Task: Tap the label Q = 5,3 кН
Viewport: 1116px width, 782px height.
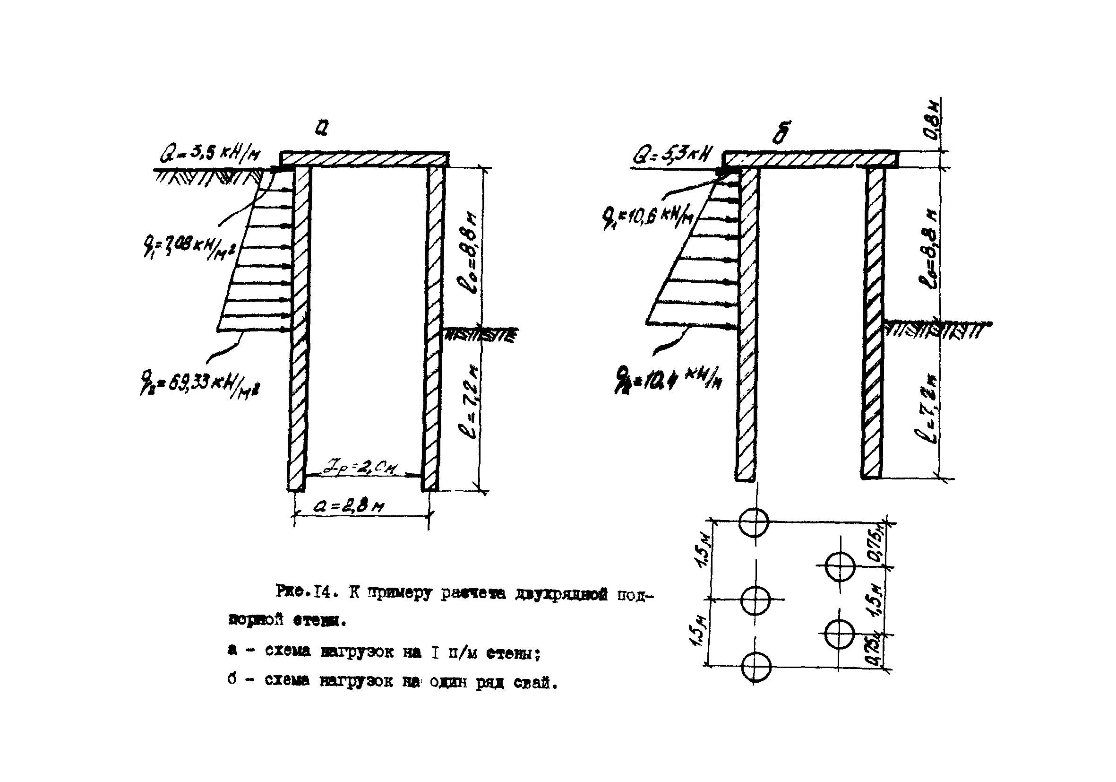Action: click(x=672, y=156)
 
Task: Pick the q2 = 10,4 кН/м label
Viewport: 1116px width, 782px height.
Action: click(x=669, y=377)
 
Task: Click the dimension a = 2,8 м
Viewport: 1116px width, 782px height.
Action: click(x=349, y=507)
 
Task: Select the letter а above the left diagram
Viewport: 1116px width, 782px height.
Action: click(x=321, y=127)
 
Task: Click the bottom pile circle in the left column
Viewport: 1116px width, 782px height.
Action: click(x=756, y=666)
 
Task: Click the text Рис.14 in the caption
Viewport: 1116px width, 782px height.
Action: click(x=304, y=592)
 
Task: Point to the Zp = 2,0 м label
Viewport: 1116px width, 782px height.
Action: click(x=360, y=469)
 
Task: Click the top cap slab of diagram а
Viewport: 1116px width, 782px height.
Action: click(x=365, y=159)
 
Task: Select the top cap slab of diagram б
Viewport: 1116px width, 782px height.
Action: click(x=810, y=159)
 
